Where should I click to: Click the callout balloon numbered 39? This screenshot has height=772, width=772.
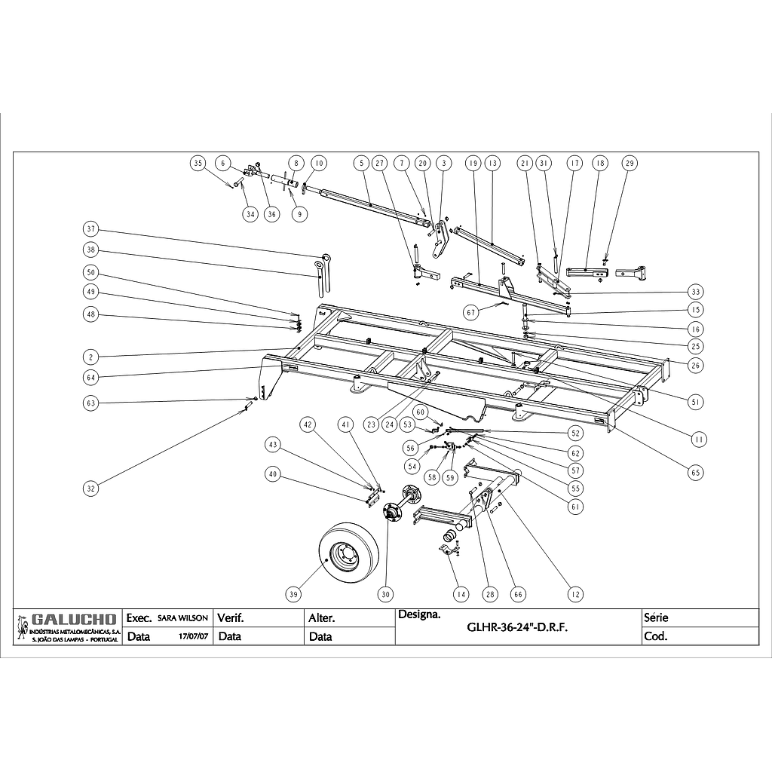click(x=294, y=595)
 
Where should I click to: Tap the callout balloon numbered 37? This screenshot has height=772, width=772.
click(x=91, y=229)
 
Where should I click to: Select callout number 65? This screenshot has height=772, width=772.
click(x=694, y=473)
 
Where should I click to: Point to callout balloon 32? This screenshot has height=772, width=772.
click(x=91, y=489)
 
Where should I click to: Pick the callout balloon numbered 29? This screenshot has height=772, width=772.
click(x=630, y=163)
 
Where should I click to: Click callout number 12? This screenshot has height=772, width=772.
click(x=576, y=595)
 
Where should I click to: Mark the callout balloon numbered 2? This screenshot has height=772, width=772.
click(x=91, y=356)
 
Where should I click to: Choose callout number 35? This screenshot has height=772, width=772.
click(x=198, y=163)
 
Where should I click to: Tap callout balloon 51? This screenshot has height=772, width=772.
click(x=694, y=403)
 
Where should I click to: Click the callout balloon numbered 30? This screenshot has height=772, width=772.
click(x=387, y=595)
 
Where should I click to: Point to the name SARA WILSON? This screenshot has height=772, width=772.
click(x=182, y=617)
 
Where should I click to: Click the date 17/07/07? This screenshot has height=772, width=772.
click(x=193, y=636)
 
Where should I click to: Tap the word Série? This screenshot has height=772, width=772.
click(x=656, y=617)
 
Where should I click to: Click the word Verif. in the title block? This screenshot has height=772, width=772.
click(x=230, y=617)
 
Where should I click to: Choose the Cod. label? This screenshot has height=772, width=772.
click(x=656, y=636)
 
